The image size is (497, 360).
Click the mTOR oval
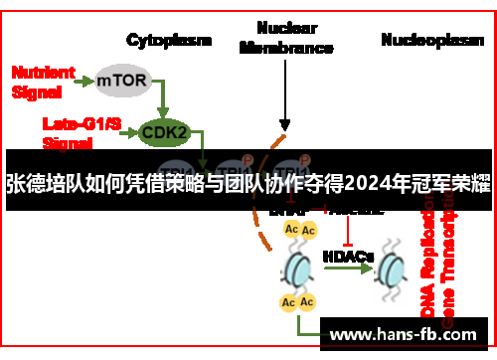click(x=124, y=80)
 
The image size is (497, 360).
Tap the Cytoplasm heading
click(x=169, y=41)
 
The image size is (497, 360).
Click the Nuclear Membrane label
click(x=285, y=38)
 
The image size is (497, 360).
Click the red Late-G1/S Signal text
click(x=74, y=132)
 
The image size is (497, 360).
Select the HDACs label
click(x=348, y=256)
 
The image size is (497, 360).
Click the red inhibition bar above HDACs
click(x=348, y=231)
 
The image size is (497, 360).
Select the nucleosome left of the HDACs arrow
click(x=298, y=267)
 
